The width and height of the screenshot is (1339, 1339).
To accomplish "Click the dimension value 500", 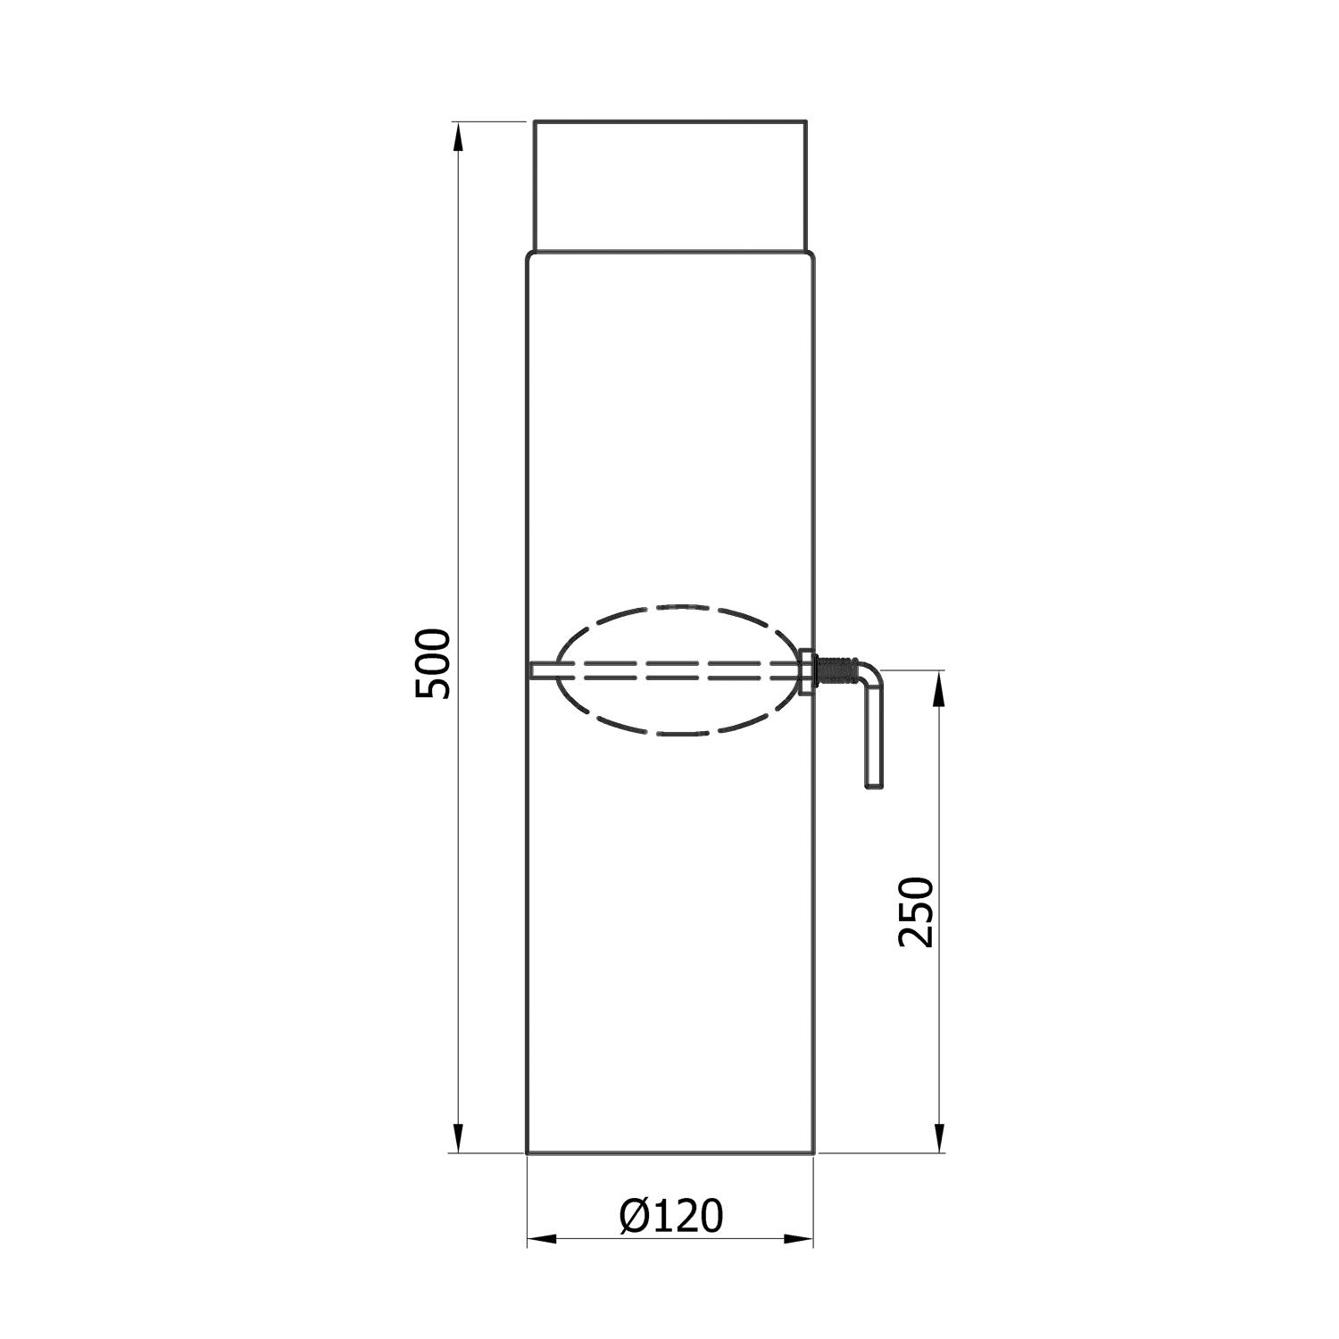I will coord(435,663).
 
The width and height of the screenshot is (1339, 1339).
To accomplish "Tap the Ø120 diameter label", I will coord(670,1215).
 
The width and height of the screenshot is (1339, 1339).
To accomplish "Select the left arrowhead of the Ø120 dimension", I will coord(541,1239).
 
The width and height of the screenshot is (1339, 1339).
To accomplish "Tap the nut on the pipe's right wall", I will coord(806,671).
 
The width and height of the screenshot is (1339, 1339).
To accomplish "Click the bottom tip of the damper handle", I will coord(874,785).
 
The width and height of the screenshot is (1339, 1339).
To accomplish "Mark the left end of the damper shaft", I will coord(533,670).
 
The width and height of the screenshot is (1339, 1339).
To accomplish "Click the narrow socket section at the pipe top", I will coord(670,185).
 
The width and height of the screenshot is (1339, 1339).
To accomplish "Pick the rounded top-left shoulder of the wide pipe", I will coord(530,257).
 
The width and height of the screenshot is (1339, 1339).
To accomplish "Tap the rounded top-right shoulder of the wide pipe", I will coord(811,257).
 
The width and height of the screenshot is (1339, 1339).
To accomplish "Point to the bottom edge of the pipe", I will coord(670,1153).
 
